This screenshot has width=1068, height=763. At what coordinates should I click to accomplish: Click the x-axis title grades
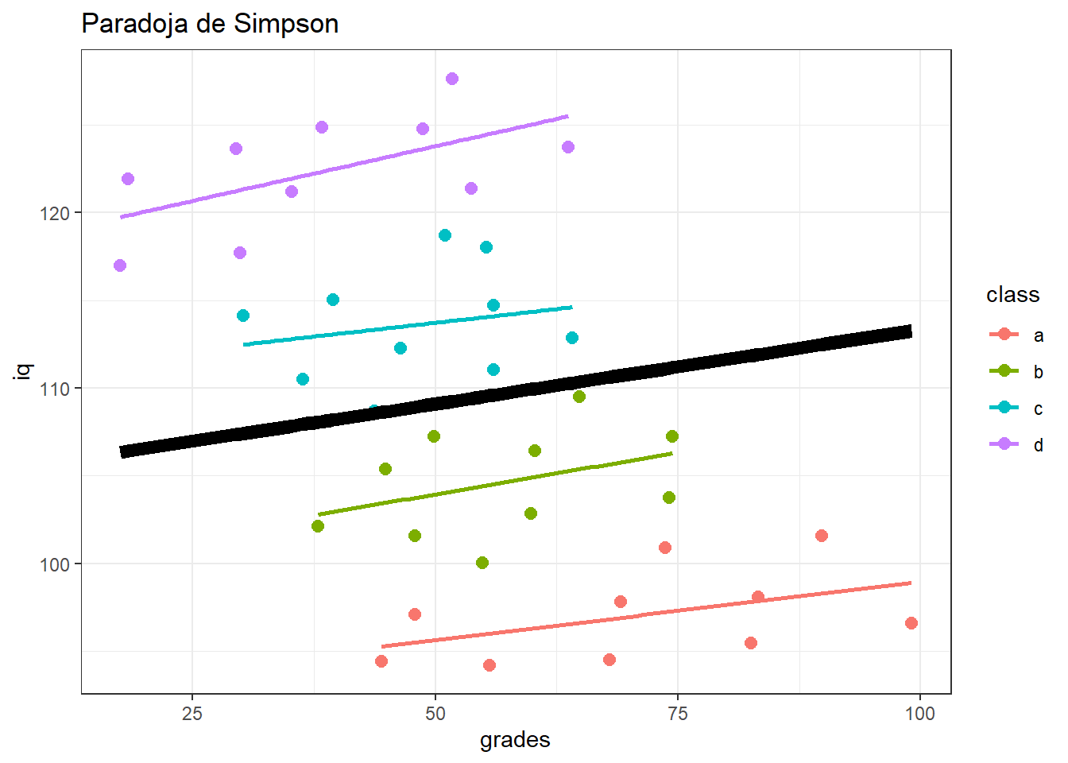tap(515, 740)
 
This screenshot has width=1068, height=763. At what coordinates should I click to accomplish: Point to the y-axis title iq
tap(24, 370)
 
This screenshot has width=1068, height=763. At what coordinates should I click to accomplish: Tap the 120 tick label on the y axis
tap(55, 213)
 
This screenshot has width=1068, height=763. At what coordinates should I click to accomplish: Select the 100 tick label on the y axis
tap(55, 564)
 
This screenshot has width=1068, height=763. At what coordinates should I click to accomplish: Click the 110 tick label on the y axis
tap(55, 389)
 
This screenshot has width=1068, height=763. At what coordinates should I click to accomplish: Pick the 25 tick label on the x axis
tap(192, 714)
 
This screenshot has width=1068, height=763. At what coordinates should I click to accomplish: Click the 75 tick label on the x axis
tap(678, 714)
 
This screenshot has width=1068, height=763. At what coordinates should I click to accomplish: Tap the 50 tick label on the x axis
tap(435, 714)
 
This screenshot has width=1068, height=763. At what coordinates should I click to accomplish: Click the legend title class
tap(1012, 295)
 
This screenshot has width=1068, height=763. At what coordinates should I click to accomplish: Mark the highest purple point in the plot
tap(452, 79)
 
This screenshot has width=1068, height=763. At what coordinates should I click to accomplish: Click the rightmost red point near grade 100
tap(911, 623)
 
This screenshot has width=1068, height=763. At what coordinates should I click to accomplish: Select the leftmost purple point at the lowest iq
tap(120, 265)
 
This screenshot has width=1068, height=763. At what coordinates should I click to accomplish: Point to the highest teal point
tap(445, 235)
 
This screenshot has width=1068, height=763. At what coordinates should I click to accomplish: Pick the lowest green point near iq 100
tap(482, 563)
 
